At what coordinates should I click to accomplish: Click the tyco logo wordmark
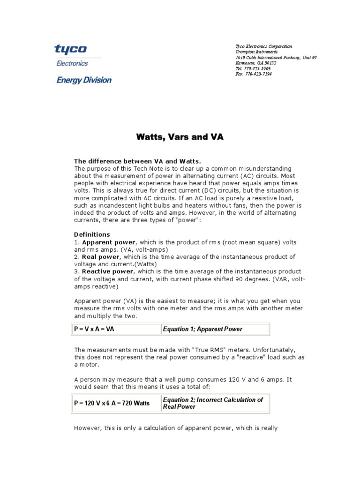[x=71, y=50]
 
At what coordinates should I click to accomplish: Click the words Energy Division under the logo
[x=84, y=80]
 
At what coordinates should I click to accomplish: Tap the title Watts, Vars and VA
[x=180, y=137]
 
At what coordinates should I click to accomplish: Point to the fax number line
[x=253, y=74]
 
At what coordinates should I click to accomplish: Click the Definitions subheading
[x=92, y=234]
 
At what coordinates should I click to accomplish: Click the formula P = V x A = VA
[x=94, y=329]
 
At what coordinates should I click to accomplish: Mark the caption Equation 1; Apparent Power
[x=202, y=329]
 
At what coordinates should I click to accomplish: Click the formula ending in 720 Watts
[x=112, y=403]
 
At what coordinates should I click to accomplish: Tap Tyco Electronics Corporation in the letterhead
[x=263, y=46]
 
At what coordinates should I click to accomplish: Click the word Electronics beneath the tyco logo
[x=72, y=63]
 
